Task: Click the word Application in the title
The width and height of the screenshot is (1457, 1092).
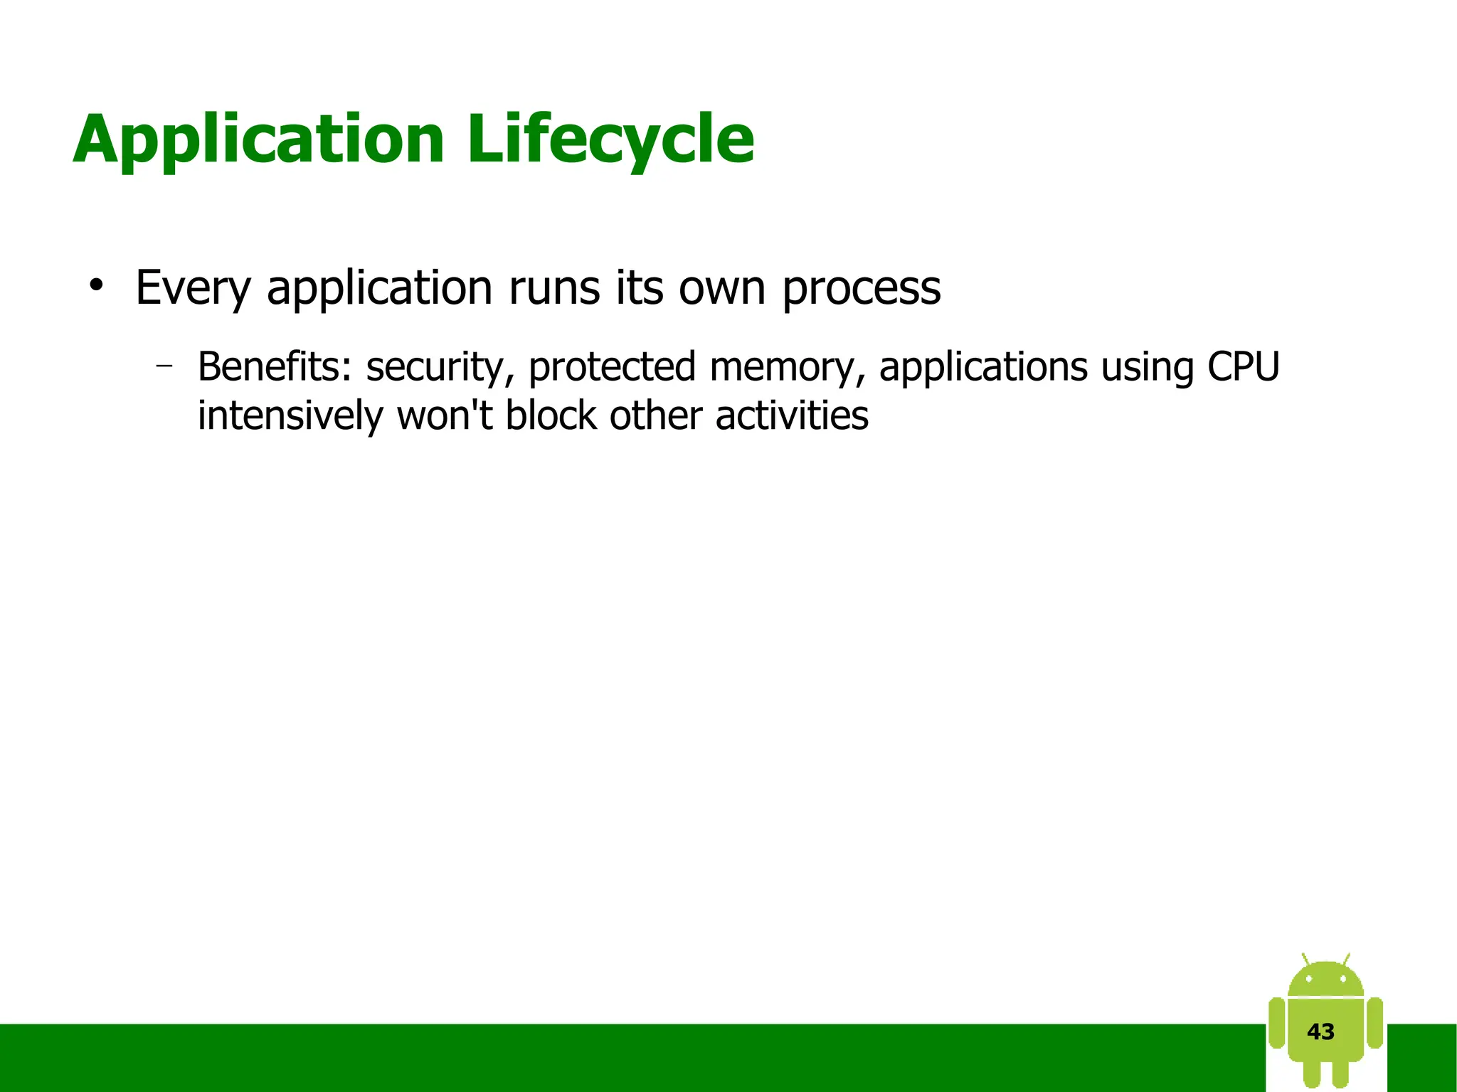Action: pos(258,139)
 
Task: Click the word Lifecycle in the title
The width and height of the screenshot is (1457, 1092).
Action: pos(610,139)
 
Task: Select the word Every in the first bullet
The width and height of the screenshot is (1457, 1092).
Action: pos(193,288)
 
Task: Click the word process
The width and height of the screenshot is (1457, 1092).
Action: pos(861,288)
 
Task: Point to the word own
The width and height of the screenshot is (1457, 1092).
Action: pos(721,288)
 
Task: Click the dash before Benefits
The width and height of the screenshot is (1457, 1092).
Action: pos(164,366)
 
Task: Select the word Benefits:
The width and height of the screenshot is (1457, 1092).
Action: pos(275,367)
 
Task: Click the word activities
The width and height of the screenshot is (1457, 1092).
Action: pos(791,415)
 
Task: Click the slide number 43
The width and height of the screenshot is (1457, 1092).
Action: pos(1320,1032)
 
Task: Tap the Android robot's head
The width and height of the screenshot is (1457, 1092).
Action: pos(1325,980)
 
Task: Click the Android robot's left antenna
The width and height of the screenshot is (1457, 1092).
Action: pos(1306,959)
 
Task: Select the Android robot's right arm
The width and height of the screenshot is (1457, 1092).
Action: pos(1375,1023)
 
